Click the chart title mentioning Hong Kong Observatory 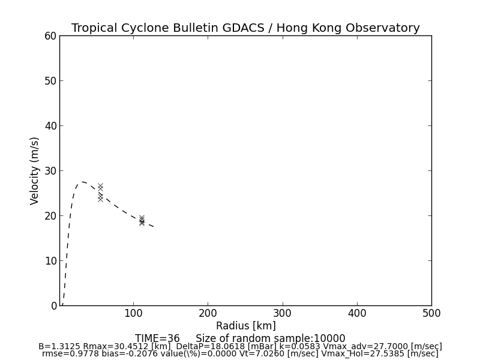pos(245,28)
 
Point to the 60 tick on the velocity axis pos(50,36)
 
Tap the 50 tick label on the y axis pos(50,81)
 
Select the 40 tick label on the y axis pos(50,126)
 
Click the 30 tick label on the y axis pos(50,171)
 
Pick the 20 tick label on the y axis pos(50,216)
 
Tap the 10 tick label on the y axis pos(50,261)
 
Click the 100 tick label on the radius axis pos(133,313)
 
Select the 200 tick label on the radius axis pos(208,313)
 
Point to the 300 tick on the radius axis pos(282,313)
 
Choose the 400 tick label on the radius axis pos(357,313)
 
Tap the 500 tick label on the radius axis pos(431,313)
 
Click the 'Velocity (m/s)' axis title pos(35,170)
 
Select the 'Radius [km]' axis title pos(245,326)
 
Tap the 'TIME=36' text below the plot pos(157,338)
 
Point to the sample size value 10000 pos(329,338)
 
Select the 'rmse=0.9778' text pos(66,354)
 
